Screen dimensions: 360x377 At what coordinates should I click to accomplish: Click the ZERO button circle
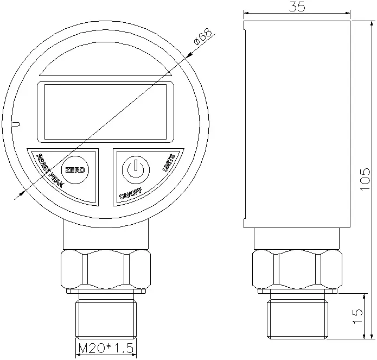coord(74,170)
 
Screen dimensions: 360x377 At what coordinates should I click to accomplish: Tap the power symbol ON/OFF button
coord(134,170)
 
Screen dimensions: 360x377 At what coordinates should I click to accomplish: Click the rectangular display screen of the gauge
coord(105,111)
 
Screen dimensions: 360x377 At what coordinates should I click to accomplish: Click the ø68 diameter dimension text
coord(203,38)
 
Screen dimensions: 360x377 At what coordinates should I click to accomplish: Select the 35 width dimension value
coord(297,7)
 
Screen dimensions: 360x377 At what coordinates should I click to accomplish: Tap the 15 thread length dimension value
coord(357,317)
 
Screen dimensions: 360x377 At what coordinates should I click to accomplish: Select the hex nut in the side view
coord(297,269)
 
